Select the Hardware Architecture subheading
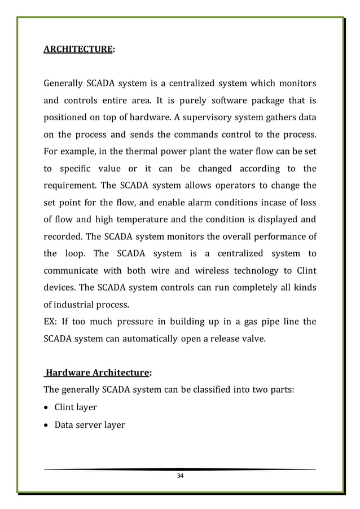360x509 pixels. tap(98, 372)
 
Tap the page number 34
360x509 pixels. tap(180, 476)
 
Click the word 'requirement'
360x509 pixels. tap(70, 186)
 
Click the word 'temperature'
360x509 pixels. tap(132, 220)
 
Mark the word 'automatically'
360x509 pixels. tap(147, 339)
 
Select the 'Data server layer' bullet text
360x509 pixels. tap(89, 424)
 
